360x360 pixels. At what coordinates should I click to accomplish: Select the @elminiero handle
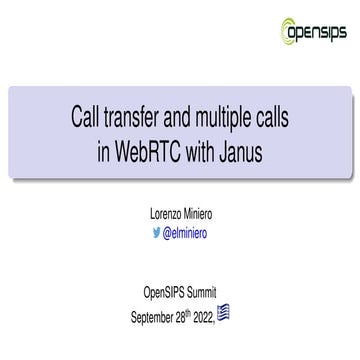click(186, 233)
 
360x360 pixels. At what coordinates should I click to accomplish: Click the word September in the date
click(157, 316)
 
